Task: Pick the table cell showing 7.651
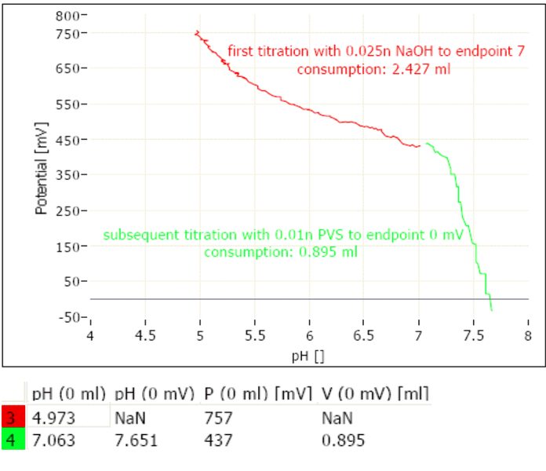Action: click(x=136, y=440)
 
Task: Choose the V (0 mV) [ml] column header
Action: click(x=375, y=392)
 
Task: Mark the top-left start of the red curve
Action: click(x=196, y=32)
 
